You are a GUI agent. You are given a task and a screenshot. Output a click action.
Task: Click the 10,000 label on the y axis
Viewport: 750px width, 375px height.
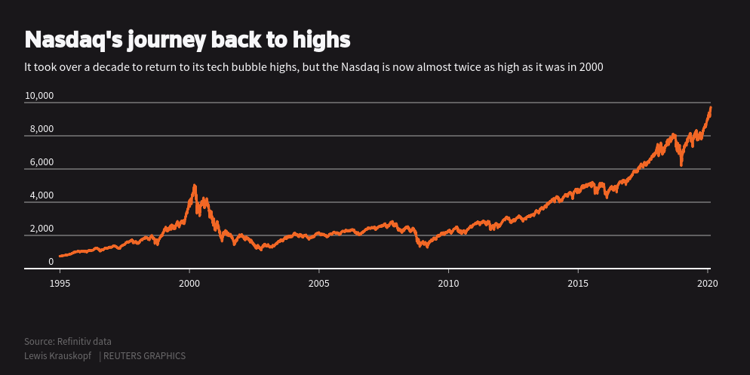(39, 96)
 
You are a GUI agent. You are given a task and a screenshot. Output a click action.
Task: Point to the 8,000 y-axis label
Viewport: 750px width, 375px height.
(41, 129)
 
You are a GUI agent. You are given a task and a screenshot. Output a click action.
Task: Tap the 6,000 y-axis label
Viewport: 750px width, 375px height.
(41, 162)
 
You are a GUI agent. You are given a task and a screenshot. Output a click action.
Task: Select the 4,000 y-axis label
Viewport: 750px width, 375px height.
(41, 195)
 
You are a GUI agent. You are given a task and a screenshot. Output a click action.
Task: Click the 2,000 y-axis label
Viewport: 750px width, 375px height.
(41, 229)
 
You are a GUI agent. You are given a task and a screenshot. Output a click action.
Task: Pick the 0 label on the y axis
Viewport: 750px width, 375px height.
(51, 262)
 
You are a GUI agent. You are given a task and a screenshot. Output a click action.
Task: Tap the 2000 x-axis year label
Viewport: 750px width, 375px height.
(189, 283)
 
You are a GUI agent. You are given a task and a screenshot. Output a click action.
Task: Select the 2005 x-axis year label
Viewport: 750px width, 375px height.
(319, 283)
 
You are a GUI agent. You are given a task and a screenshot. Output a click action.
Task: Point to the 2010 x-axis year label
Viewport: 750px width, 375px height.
(448, 283)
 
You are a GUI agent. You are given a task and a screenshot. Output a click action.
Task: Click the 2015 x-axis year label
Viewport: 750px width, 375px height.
(578, 283)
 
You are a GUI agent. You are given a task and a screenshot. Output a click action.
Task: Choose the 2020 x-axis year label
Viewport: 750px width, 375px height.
(707, 283)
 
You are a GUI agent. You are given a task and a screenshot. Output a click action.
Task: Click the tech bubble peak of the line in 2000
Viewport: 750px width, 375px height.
(195, 186)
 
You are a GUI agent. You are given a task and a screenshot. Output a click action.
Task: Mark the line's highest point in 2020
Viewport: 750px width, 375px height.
(710, 107)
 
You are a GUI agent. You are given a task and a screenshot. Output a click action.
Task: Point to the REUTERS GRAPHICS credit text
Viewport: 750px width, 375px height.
(144, 356)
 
